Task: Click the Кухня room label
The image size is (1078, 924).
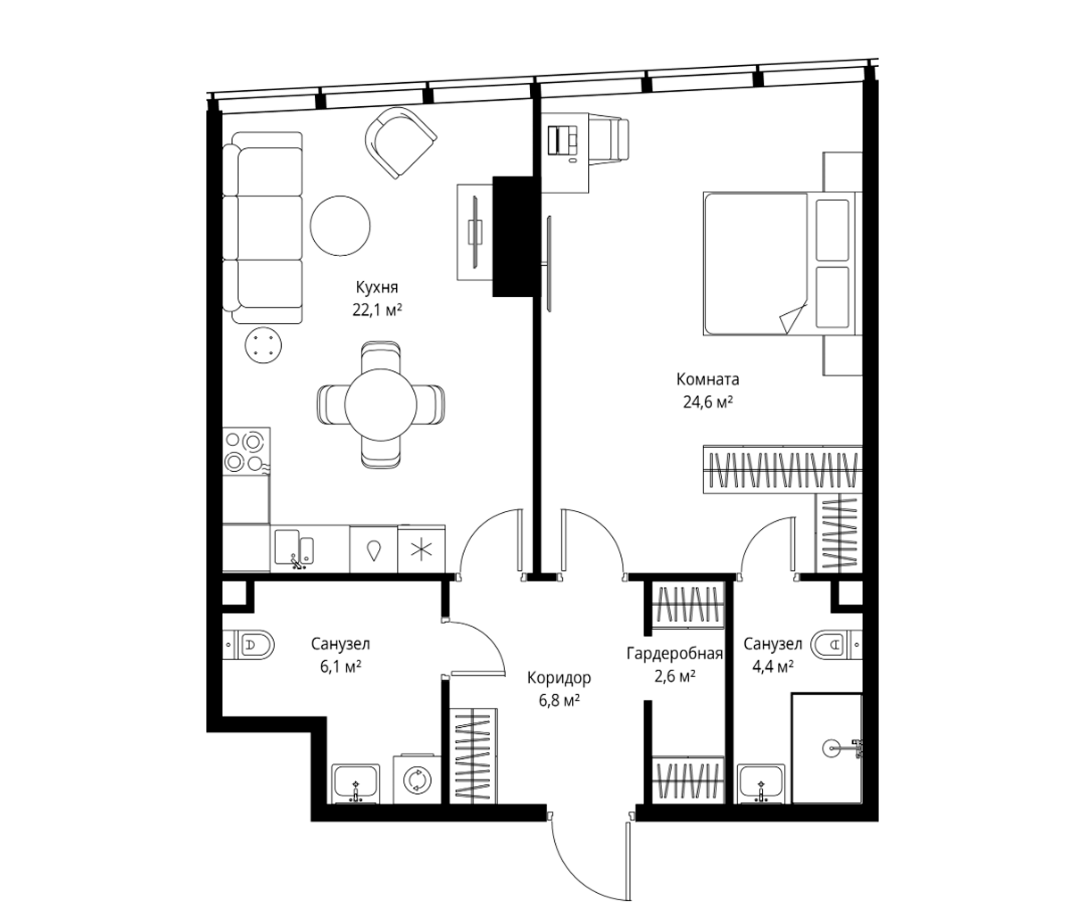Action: click(x=377, y=287)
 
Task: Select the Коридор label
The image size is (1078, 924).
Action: click(x=560, y=678)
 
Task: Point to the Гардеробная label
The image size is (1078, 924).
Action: click(x=675, y=653)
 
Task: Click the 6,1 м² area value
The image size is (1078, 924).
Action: click(x=341, y=667)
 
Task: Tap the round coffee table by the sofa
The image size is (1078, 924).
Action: click(x=340, y=226)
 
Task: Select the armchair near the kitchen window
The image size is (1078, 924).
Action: click(x=400, y=143)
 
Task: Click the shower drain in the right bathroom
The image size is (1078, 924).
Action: click(x=831, y=748)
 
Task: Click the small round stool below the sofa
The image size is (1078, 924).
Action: click(x=263, y=345)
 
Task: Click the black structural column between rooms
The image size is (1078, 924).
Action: click(x=513, y=237)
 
